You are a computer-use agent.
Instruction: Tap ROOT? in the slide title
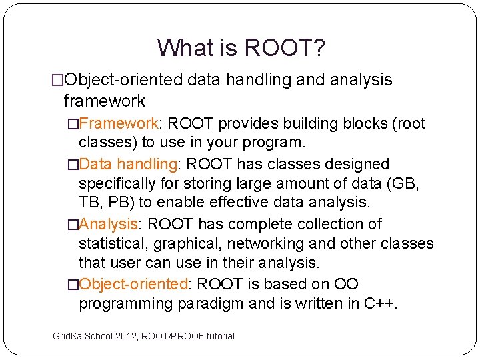(285, 47)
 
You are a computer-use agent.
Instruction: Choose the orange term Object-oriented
(133, 284)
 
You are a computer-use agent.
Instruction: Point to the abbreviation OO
(346, 284)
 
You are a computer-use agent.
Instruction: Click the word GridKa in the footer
(67, 336)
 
